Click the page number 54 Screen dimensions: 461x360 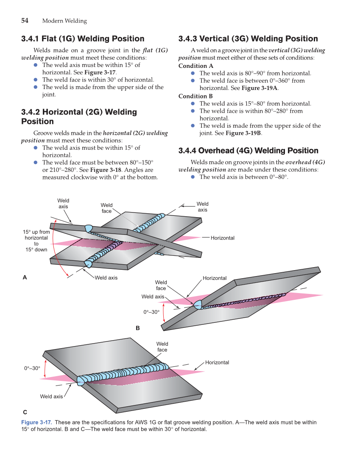[x=25, y=20]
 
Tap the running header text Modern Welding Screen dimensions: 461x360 [x=64, y=21]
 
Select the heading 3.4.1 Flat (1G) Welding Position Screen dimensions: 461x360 [x=83, y=39]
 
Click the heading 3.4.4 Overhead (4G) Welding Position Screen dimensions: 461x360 [x=248, y=151]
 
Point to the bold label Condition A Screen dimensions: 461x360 [x=196, y=66]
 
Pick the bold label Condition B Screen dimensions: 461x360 [x=195, y=96]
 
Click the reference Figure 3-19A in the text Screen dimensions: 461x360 [x=260, y=88]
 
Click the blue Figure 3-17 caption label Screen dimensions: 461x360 [x=36, y=422]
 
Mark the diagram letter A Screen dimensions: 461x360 [x=25, y=277]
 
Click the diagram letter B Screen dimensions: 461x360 [x=137, y=328]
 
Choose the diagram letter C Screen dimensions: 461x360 [x=25, y=412]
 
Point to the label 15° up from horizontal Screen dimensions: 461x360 [x=36, y=240]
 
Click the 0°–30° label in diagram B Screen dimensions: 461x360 [x=151, y=312]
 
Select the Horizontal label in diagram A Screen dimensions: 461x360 [x=222, y=238]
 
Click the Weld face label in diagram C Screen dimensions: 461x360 [x=162, y=347]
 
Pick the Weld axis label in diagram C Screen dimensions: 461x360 [x=51, y=397]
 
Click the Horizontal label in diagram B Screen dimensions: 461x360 [x=215, y=278]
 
